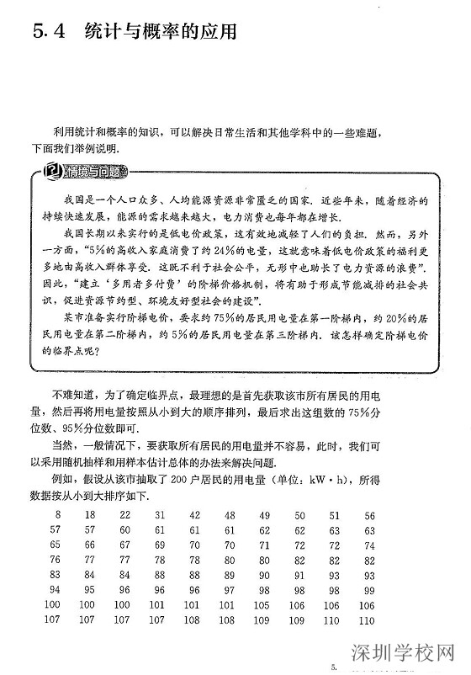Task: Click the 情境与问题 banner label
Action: pyautogui.click(x=99, y=173)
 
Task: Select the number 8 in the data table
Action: pyautogui.click(x=57, y=514)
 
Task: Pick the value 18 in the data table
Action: pyautogui.click(x=90, y=514)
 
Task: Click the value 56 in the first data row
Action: pyautogui.click(x=369, y=514)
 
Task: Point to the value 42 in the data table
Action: pyautogui.click(x=194, y=514)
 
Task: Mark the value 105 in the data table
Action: pyautogui.click(x=264, y=604)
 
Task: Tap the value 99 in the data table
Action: pyautogui.click(x=369, y=589)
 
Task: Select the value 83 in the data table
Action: pyautogui.click(x=56, y=574)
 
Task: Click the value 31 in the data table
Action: pyautogui.click(x=160, y=514)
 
